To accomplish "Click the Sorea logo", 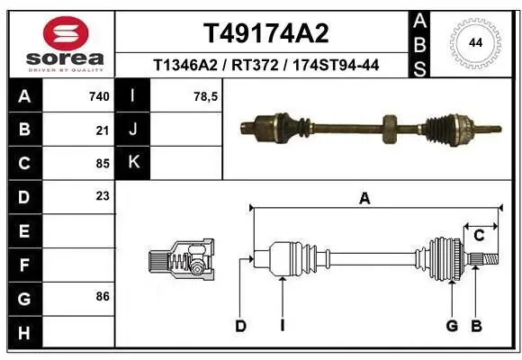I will click(58, 43).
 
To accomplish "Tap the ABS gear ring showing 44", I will click(474, 41).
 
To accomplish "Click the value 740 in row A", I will click(99, 96).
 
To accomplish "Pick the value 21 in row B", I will click(102, 130).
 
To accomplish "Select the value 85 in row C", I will click(102, 163).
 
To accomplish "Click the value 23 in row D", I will click(102, 196).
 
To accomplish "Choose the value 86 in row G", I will click(102, 295).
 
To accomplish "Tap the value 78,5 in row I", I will click(207, 96).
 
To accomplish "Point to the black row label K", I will click(133, 163).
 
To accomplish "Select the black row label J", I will click(133, 130).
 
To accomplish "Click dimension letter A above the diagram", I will click(364, 200).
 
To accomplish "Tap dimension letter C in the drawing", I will click(480, 235).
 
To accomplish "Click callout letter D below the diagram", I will click(240, 326).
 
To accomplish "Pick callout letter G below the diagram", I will click(452, 326).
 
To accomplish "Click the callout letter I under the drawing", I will click(282, 326).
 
